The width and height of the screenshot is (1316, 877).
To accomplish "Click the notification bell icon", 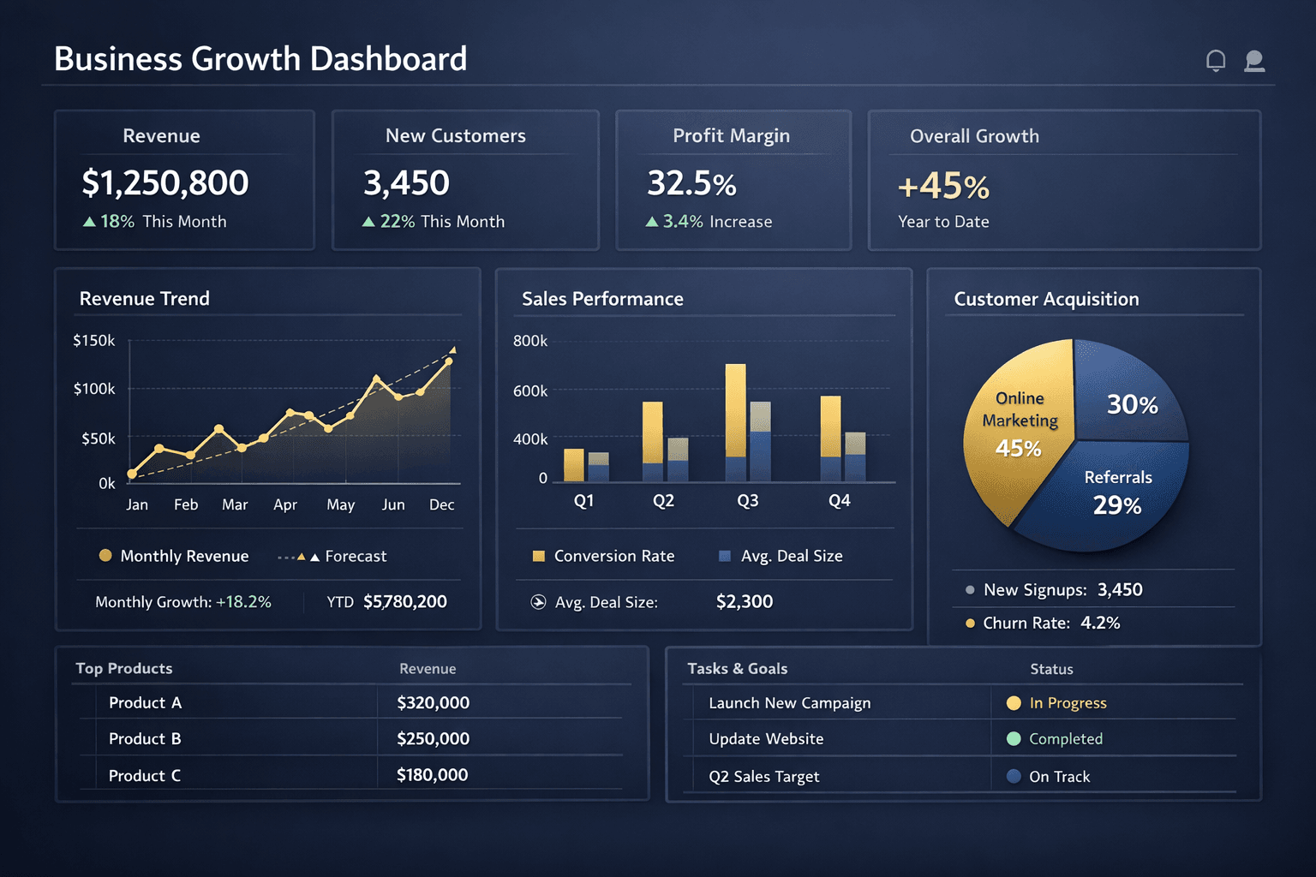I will [x=1215, y=61].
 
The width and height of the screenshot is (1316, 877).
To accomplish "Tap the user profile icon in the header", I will [x=1254, y=61].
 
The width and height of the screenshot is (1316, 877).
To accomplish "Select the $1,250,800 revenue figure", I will [x=165, y=182].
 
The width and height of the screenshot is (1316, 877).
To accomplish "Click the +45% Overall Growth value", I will [x=943, y=186].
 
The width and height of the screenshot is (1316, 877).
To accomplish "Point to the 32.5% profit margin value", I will [x=691, y=183].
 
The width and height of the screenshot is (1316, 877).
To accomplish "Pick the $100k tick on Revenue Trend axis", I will [x=94, y=389].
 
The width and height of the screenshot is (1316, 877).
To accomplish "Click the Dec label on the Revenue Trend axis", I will [x=441, y=505].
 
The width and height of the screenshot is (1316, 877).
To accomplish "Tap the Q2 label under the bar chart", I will [x=663, y=501].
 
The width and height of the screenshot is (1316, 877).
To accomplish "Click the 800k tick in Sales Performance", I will [x=530, y=341].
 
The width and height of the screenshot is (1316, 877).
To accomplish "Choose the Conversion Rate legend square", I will [x=539, y=557].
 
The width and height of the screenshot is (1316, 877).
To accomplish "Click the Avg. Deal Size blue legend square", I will [x=725, y=557].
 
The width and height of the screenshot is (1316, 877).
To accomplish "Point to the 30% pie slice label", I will [x=1132, y=404].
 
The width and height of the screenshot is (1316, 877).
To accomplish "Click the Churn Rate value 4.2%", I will [x=1100, y=623].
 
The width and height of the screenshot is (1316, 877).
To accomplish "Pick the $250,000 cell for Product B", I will [x=433, y=739].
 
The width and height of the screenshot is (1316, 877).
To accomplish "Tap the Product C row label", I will [x=145, y=776].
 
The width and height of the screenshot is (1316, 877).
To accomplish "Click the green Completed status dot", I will [x=1014, y=739].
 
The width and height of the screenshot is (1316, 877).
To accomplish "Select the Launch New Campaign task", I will [x=789, y=703].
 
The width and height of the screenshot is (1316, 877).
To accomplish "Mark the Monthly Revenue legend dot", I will [x=105, y=556].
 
